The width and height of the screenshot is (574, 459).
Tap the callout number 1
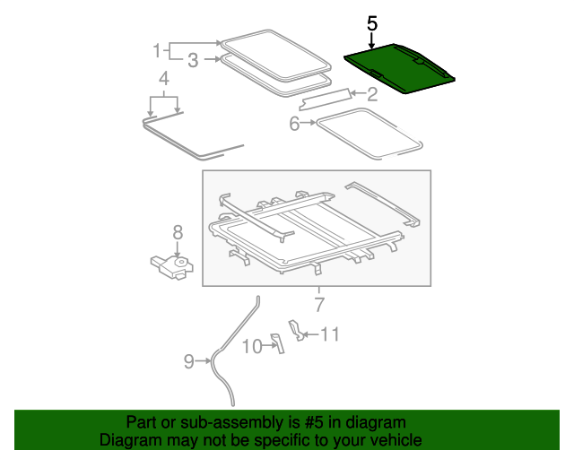click(x=157, y=48)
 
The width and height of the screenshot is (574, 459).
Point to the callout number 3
click(x=193, y=60)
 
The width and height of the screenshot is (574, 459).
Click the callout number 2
click(x=371, y=92)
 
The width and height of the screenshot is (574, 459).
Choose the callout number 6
click(x=294, y=124)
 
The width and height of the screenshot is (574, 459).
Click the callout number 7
click(x=318, y=301)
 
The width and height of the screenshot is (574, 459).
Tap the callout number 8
click(x=178, y=232)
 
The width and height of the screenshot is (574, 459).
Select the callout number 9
click(x=188, y=361)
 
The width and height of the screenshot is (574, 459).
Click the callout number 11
click(x=330, y=334)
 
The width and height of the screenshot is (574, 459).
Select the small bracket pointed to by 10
click(x=276, y=342)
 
